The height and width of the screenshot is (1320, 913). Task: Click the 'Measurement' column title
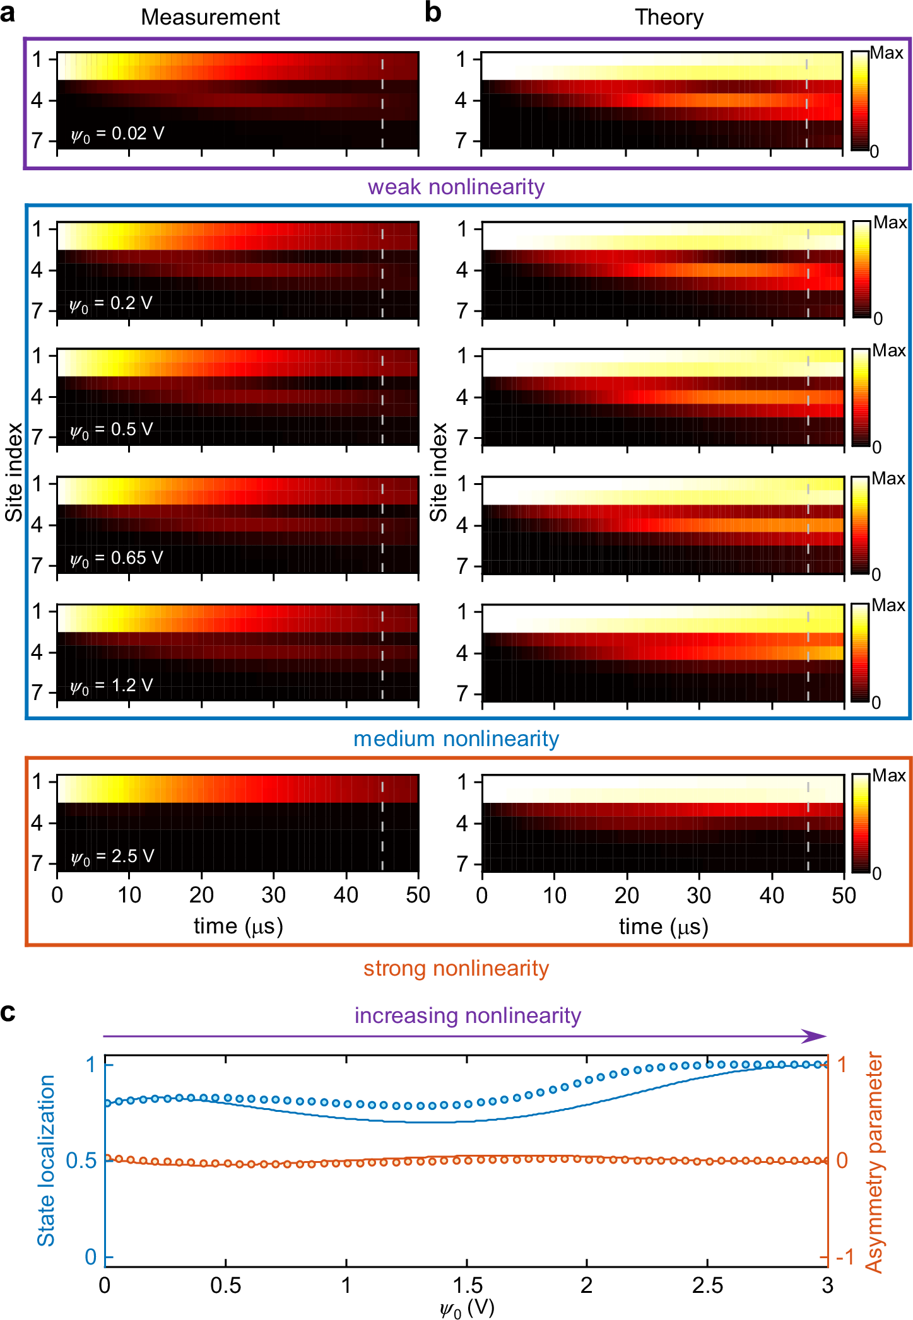(210, 17)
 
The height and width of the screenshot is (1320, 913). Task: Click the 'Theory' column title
(668, 17)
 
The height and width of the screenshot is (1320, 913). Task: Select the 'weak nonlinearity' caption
(456, 187)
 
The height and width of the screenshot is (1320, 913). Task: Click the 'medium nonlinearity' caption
(456, 739)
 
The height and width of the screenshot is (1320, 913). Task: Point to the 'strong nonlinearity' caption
(456, 968)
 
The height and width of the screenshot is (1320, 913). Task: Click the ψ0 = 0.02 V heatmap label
(117, 134)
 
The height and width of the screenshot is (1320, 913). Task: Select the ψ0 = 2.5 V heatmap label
(113, 856)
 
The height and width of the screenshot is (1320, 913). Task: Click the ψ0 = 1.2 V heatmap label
(112, 686)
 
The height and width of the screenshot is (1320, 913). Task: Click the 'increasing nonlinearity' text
(467, 1015)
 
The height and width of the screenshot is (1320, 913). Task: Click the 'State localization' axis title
(46, 1160)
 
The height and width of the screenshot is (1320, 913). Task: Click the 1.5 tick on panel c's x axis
(467, 1285)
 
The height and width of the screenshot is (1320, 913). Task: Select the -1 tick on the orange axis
(844, 1257)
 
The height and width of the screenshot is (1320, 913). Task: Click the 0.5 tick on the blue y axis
(81, 1160)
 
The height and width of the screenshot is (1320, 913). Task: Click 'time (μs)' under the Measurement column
(238, 926)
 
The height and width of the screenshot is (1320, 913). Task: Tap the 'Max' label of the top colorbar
(886, 53)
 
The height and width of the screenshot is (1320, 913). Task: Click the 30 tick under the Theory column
(698, 895)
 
